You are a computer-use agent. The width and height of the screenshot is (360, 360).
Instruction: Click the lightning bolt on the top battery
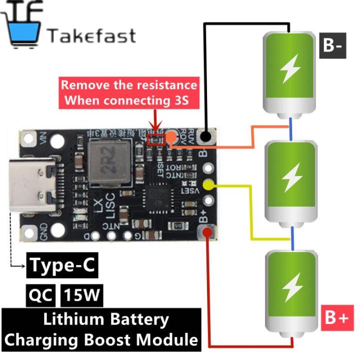[x=290, y=70]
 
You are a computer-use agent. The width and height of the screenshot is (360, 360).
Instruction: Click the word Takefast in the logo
[x=91, y=35]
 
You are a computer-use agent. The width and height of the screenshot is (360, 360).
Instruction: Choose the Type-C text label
[x=62, y=265]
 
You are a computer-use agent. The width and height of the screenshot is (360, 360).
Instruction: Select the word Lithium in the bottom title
[x=74, y=318]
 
